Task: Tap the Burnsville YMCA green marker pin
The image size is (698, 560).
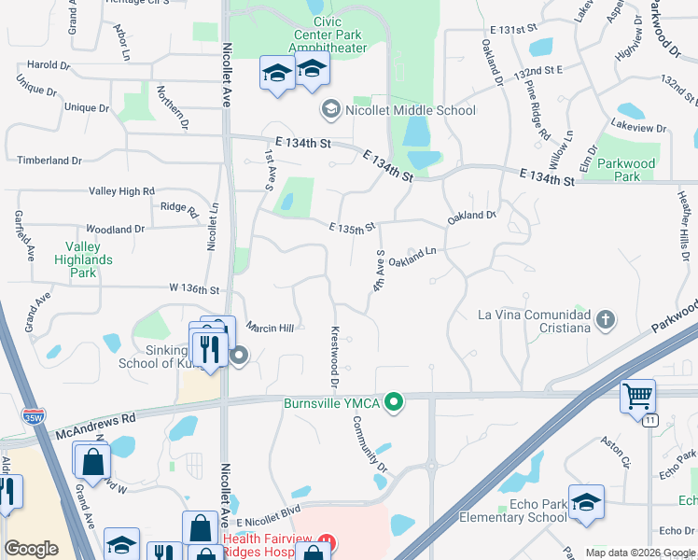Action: [x=395, y=403]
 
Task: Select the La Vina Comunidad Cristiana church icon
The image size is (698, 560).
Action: [x=606, y=320]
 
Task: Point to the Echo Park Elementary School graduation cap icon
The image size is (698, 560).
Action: [x=586, y=501]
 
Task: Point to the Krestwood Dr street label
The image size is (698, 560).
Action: [x=333, y=357]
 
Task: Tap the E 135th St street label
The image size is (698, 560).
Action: [x=351, y=227]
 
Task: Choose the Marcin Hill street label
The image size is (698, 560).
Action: [x=271, y=328]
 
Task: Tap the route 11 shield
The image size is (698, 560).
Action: [x=649, y=421]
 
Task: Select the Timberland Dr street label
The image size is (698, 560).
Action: [x=43, y=161]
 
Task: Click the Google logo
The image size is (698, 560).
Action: [x=31, y=549]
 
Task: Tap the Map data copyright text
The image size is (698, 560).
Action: [x=639, y=553]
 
